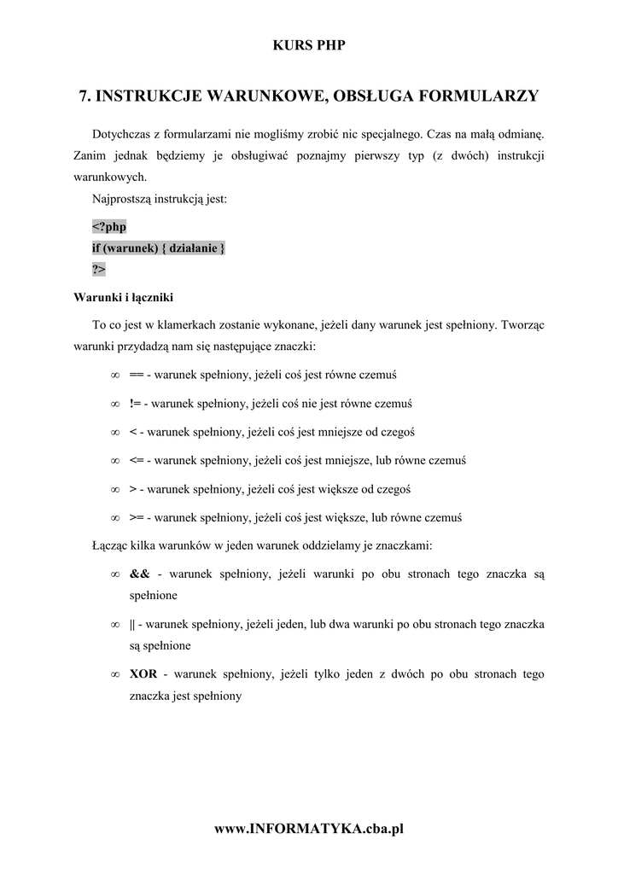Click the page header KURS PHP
308,45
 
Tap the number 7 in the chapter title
83,96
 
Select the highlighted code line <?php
108,227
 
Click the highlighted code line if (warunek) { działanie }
159,248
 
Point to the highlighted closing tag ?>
99,269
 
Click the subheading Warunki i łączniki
124,298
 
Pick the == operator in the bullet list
136,375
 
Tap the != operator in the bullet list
136,403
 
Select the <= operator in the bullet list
136,460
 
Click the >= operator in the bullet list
136,517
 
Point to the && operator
139,574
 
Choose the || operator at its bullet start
132,624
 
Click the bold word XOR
143,674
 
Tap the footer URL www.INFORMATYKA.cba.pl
308,828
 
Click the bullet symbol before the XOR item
114,674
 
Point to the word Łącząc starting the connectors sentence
108,545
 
